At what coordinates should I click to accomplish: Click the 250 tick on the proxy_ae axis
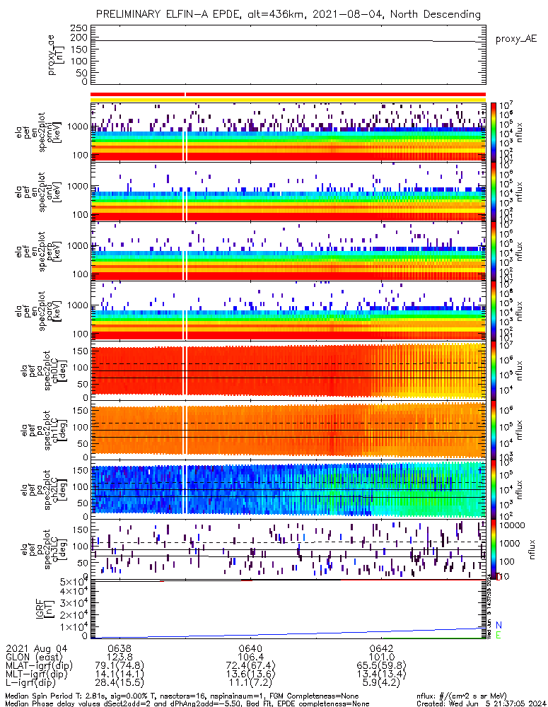pos(78,28)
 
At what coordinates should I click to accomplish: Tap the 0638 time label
pos(119,647)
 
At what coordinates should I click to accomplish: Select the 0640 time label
pos(251,647)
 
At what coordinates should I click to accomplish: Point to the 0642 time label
pos(382,647)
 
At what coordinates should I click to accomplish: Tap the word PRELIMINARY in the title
pos(132,14)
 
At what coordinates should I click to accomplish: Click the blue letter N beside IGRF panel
pos(499,625)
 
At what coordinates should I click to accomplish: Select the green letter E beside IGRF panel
pos(499,636)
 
